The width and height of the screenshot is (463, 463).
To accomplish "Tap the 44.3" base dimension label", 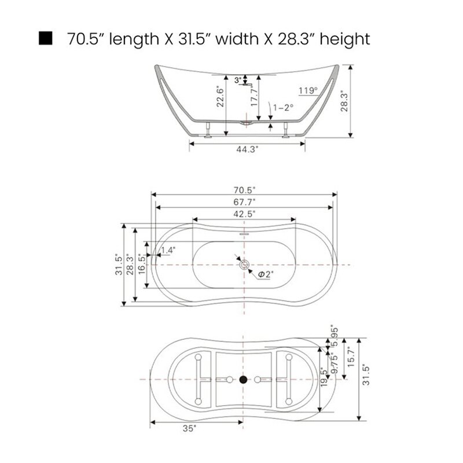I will click(247, 149).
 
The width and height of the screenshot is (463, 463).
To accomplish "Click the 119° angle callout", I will click(308, 90).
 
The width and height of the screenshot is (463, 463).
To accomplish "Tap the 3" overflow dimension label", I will click(237, 80).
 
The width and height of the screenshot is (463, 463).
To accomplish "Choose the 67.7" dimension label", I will click(245, 201).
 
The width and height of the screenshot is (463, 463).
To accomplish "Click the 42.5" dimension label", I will click(245, 214).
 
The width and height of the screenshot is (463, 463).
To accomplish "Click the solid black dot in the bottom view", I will click(243, 380).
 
